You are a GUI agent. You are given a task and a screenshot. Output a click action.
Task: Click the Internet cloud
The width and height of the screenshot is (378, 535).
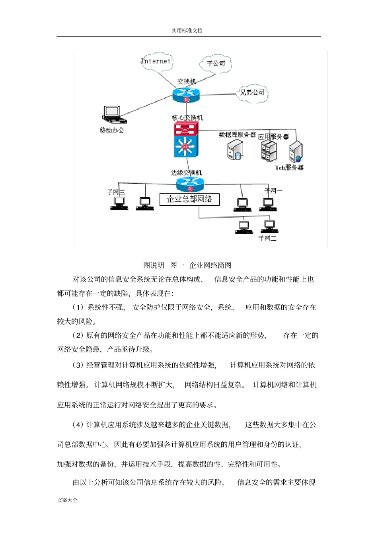coord(156,61)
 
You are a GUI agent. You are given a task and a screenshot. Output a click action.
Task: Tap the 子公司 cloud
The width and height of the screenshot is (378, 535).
coord(216,64)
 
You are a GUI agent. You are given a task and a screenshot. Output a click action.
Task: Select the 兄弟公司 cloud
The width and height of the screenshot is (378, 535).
coord(252,93)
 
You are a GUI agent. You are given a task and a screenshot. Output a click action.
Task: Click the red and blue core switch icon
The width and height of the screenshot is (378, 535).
coord(185,140)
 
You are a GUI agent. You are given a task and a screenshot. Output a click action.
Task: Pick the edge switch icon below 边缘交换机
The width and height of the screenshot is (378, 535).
coord(190,184)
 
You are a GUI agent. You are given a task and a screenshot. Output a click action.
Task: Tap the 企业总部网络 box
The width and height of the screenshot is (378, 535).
coord(189,199)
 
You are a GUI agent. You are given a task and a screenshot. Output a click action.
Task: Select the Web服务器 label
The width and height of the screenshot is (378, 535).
coord(289,168)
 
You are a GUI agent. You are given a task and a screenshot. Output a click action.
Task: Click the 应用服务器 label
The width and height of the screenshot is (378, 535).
coord(273,136)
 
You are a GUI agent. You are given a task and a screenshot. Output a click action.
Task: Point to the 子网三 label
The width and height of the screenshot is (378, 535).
coord(115,193)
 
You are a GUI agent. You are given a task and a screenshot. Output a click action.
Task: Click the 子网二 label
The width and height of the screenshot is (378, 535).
coord(267,238)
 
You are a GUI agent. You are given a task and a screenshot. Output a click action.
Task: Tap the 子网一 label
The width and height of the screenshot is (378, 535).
coord(273,191)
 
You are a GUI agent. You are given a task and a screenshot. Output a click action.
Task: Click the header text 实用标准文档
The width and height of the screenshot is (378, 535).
coord(187,31)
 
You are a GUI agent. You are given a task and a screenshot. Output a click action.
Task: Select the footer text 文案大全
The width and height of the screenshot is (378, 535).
coord(67,500)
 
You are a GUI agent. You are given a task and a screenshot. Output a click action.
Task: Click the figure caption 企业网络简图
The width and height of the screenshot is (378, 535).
coord(210,265)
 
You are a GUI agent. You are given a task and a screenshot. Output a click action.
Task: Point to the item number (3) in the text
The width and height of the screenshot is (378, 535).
coord(78,365)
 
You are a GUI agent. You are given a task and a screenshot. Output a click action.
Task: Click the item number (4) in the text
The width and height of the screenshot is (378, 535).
coord(78,424)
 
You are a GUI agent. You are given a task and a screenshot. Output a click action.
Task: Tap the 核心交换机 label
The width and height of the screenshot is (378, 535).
coord(187,118)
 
